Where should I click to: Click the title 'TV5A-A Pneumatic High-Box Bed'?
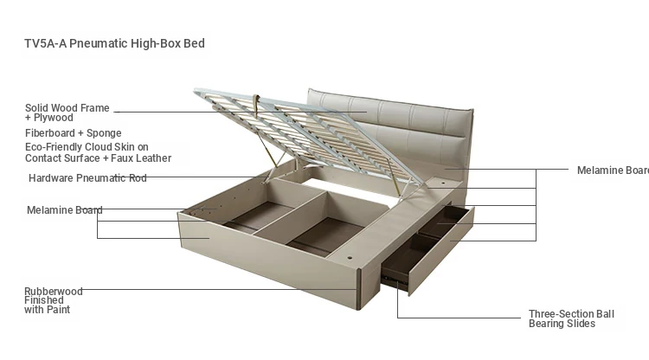[114, 43]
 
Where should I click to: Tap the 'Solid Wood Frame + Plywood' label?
[67, 112]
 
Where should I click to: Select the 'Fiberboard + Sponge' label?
[74, 133]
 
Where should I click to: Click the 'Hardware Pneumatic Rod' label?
[87, 178]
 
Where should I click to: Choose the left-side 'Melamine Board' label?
[65, 210]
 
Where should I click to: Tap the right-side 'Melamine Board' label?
[613, 170]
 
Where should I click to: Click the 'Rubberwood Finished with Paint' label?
[54, 300]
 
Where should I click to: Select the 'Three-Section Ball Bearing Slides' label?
[572, 318]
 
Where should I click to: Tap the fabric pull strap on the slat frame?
[256, 104]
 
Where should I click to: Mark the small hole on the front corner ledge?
[350, 258]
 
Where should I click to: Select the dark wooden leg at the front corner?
[359, 290]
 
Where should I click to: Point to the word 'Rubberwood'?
[54, 292]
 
